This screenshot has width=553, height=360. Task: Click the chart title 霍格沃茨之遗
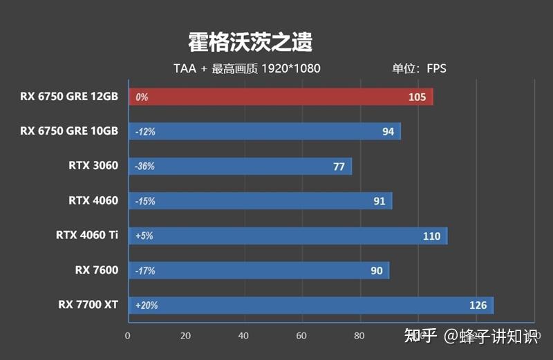(x=250, y=42)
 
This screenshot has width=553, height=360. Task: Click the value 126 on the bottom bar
(x=478, y=305)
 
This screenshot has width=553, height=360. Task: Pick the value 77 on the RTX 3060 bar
(x=339, y=166)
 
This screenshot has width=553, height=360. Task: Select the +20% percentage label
(x=147, y=305)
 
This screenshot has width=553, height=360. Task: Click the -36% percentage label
(x=145, y=167)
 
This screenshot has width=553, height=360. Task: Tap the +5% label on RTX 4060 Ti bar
(x=144, y=236)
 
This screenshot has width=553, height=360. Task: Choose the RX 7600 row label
(x=97, y=270)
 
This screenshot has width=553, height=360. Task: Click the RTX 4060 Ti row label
(x=87, y=236)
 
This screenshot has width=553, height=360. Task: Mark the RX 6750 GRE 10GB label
(x=69, y=131)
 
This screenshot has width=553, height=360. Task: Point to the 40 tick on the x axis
(x=243, y=336)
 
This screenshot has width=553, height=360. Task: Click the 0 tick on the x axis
(x=127, y=336)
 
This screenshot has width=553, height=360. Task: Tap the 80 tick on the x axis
(x=359, y=336)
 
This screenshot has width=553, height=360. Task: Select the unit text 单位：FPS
(x=419, y=68)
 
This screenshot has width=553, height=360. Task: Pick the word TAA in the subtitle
(x=185, y=68)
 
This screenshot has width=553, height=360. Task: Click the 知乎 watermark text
(x=421, y=337)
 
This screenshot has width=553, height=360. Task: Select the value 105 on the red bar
(x=417, y=97)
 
